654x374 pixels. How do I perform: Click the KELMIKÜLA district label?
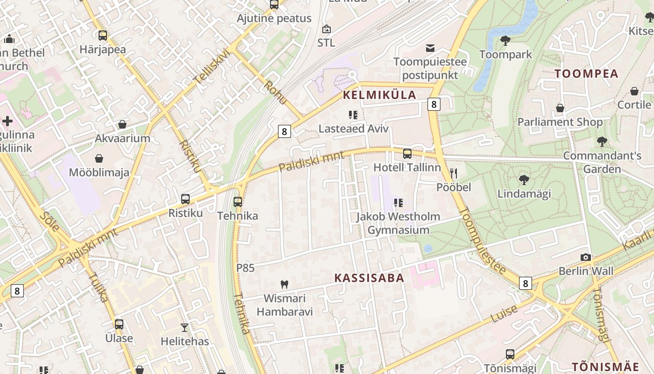point(379,95)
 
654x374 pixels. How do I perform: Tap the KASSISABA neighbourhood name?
point(369,278)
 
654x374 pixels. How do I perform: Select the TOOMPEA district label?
point(586,73)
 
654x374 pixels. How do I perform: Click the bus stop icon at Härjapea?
point(103,36)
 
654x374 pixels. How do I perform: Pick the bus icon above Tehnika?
point(238,202)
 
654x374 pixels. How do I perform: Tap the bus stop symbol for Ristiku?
point(185,199)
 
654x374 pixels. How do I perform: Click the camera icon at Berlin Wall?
point(586,257)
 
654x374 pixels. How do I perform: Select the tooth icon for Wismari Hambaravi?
point(284,284)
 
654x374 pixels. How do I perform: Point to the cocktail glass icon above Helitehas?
point(185,327)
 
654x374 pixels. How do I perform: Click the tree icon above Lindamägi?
point(524,180)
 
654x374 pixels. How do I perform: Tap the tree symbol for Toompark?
point(505,41)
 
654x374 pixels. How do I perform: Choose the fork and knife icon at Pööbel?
point(453,173)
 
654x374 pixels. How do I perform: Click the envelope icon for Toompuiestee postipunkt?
point(430,48)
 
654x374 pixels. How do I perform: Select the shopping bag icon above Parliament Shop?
point(560,108)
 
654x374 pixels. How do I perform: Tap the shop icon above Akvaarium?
point(122,124)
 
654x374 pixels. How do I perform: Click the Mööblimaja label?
point(99,173)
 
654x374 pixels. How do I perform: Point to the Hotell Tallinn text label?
point(407,167)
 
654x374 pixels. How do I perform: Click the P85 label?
point(245,268)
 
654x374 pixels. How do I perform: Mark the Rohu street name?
point(275,93)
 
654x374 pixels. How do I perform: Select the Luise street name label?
point(504,314)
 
